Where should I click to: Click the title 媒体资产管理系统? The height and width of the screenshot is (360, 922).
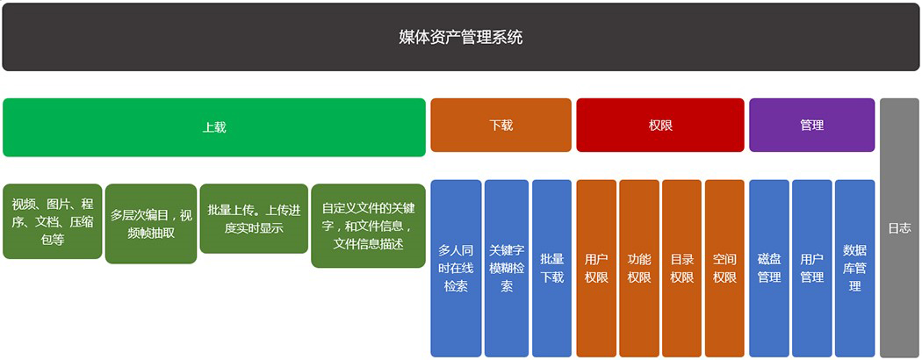click(x=460, y=37)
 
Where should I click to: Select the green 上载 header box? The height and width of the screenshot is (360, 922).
click(x=214, y=126)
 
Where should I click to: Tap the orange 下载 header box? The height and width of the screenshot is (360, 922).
click(x=501, y=125)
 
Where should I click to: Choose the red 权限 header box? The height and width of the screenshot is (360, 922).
click(x=659, y=125)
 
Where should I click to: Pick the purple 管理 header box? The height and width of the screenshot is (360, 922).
click(x=811, y=125)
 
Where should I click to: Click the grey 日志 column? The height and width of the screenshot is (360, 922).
click(x=899, y=227)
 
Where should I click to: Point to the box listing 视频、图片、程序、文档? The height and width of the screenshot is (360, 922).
click(x=53, y=221)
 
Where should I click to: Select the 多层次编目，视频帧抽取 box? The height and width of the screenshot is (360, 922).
click(x=151, y=223)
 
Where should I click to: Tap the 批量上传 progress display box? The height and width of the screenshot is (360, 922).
click(x=254, y=219)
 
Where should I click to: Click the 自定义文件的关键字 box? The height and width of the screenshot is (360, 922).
click(x=368, y=226)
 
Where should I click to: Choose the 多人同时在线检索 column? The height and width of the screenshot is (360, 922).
click(x=456, y=268)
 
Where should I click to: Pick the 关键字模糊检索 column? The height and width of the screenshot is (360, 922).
click(x=507, y=268)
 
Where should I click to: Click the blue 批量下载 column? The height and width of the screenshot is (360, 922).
click(x=551, y=268)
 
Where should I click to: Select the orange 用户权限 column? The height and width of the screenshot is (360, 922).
click(x=596, y=268)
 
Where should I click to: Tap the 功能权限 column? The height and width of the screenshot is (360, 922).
click(x=639, y=268)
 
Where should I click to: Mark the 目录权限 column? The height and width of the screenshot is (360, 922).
click(x=681, y=268)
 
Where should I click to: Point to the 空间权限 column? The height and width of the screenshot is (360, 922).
click(x=724, y=268)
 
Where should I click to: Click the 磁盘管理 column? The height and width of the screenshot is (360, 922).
click(x=769, y=268)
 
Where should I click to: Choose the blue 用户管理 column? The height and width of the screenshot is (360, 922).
click(x=811, y=268)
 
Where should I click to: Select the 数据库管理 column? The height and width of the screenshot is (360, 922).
click(x=854, y=268)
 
